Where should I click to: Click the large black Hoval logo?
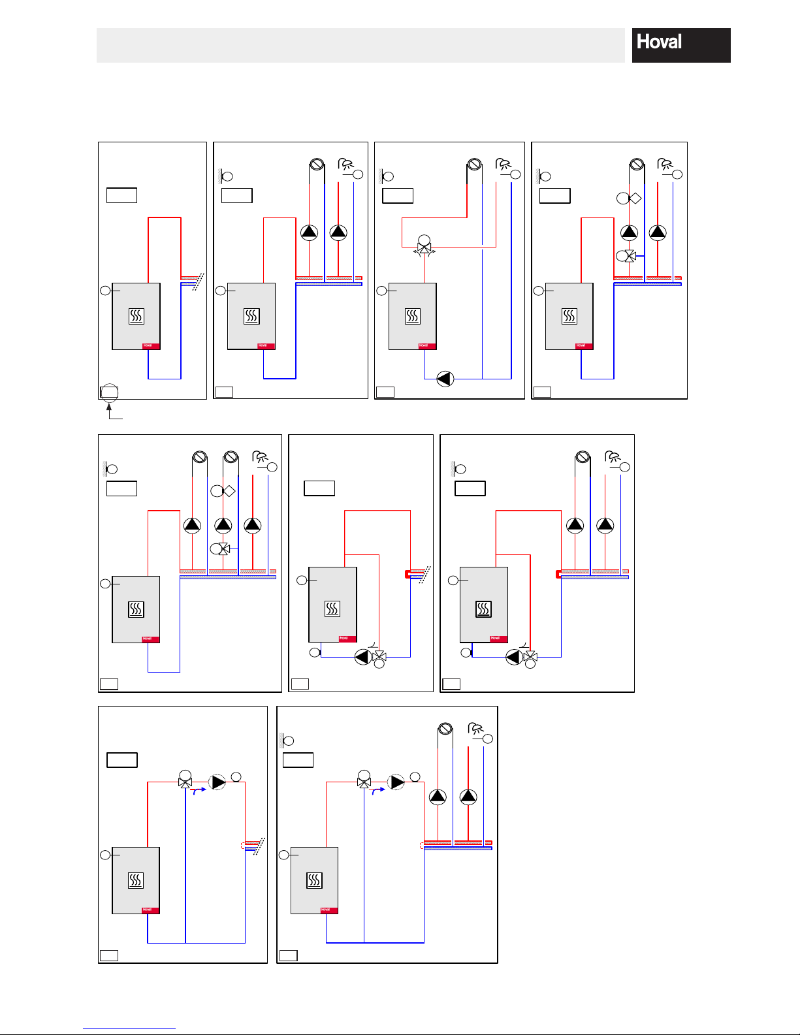[x=680, y=45]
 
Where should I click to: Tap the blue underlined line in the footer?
[x=129, y=1028]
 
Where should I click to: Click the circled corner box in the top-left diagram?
[x=109, y=392]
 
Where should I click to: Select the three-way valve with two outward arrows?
[x=424, y=249]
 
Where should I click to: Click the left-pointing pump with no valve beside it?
[x=445, y=379]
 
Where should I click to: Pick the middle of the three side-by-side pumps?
[x=223, y=525]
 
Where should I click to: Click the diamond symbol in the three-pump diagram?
[x=229, y=491]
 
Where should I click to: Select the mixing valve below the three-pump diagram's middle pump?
[x=224, y=549]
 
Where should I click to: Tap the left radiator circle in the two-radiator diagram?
[x=200, y=457]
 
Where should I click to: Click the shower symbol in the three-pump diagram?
[x=260, y=457]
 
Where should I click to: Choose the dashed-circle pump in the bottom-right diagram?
[x=396, y=782]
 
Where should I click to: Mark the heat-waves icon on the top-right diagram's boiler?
[x=569, y=317]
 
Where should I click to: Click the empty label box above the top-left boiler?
[x=121, y=195]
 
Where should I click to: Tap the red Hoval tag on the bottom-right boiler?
[x=329, y=910]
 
